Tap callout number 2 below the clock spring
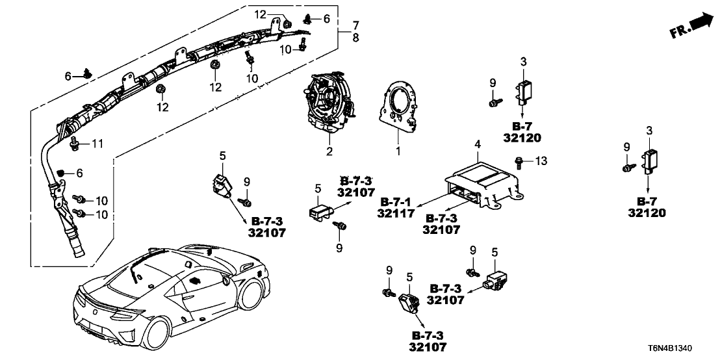pyautogui.click(x=329, y=151)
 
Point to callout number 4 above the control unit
pyautogui.click(x=478, y=144)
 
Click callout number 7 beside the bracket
pyautogui.click(x=355, y=25)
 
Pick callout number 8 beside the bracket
pyautogui.click(x=355, y=38)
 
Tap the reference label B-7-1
pyautogui.click(x=396, y=202)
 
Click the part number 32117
pyautogui.click(x=396, y=214)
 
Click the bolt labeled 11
pyautogui.click(x=73, y=145)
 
